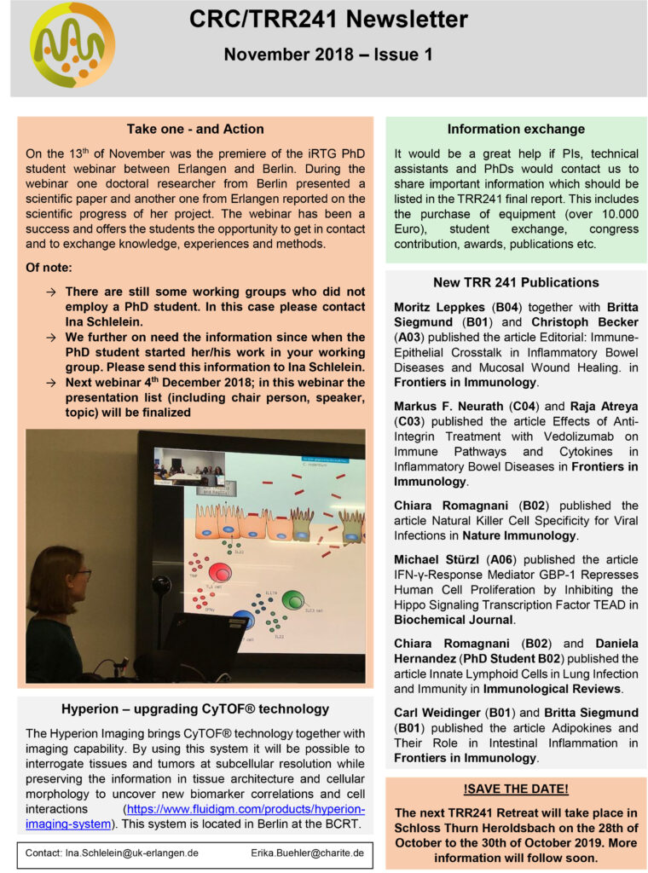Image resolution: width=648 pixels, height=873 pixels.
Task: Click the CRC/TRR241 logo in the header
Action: coord(72,44)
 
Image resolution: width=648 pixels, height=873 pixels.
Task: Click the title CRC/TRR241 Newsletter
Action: coord(328,20)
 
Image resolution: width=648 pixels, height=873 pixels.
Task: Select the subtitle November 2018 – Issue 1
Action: coord(328,55)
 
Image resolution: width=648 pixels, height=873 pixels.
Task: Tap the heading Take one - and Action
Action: coord(195,130)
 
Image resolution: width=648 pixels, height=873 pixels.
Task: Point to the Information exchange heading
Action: coord(516,130)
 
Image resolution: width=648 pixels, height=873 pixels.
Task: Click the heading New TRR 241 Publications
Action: coord(516,282)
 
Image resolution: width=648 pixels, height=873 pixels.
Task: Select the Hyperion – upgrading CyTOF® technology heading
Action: coord(195,709)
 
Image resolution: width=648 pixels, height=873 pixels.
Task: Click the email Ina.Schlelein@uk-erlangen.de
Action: coord(124,852)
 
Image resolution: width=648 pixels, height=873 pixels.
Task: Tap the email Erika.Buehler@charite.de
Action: coord(308,852)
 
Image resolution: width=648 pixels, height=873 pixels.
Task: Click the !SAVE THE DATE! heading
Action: coord(516,789)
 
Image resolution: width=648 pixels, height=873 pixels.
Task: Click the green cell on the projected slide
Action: coord(292,601)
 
